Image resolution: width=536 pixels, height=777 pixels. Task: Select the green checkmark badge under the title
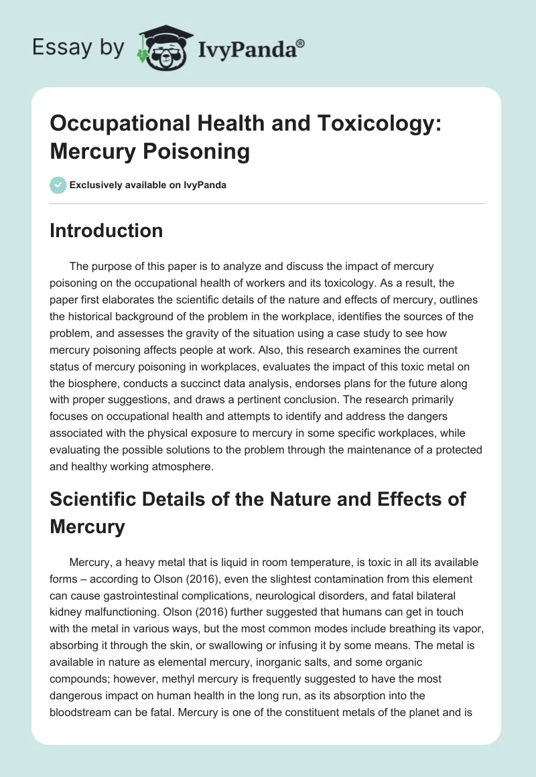coord(58,185)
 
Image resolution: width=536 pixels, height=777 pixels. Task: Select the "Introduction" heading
coord(107,230)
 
